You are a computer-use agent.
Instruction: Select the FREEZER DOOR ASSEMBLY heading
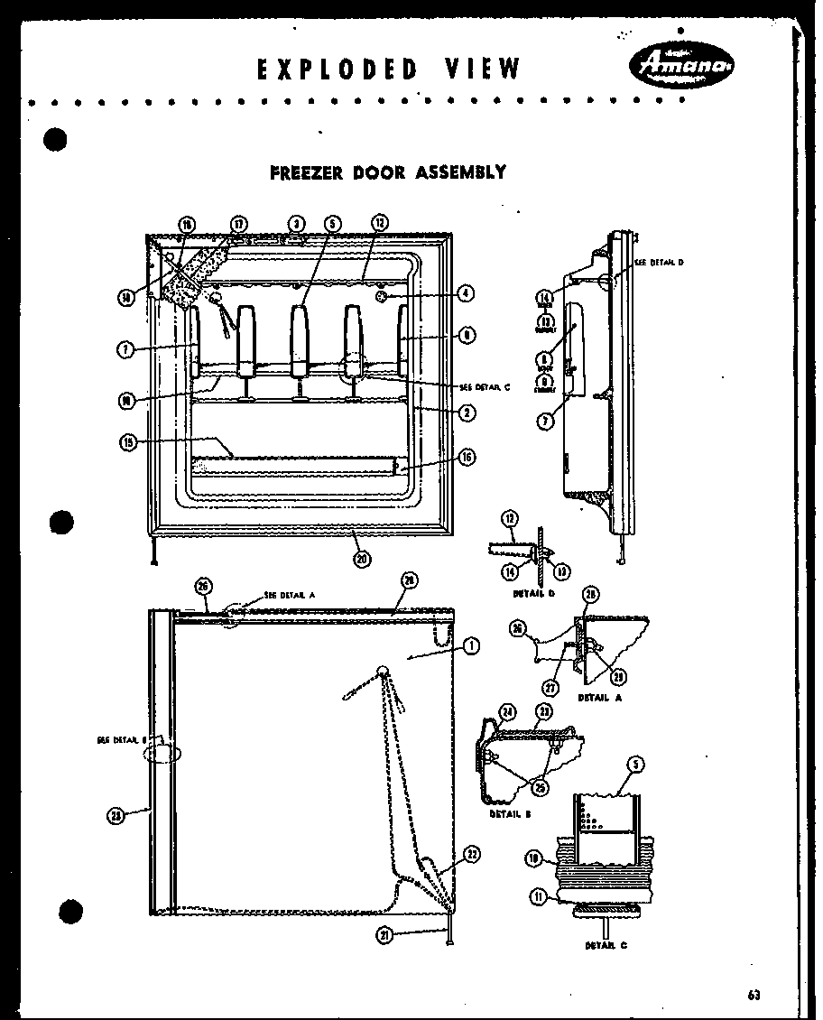(388, 172)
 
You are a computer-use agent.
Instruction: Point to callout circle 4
(466, 292)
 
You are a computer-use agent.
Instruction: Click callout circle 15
(128, 441)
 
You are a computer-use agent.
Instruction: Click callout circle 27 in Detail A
(551, 687)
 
